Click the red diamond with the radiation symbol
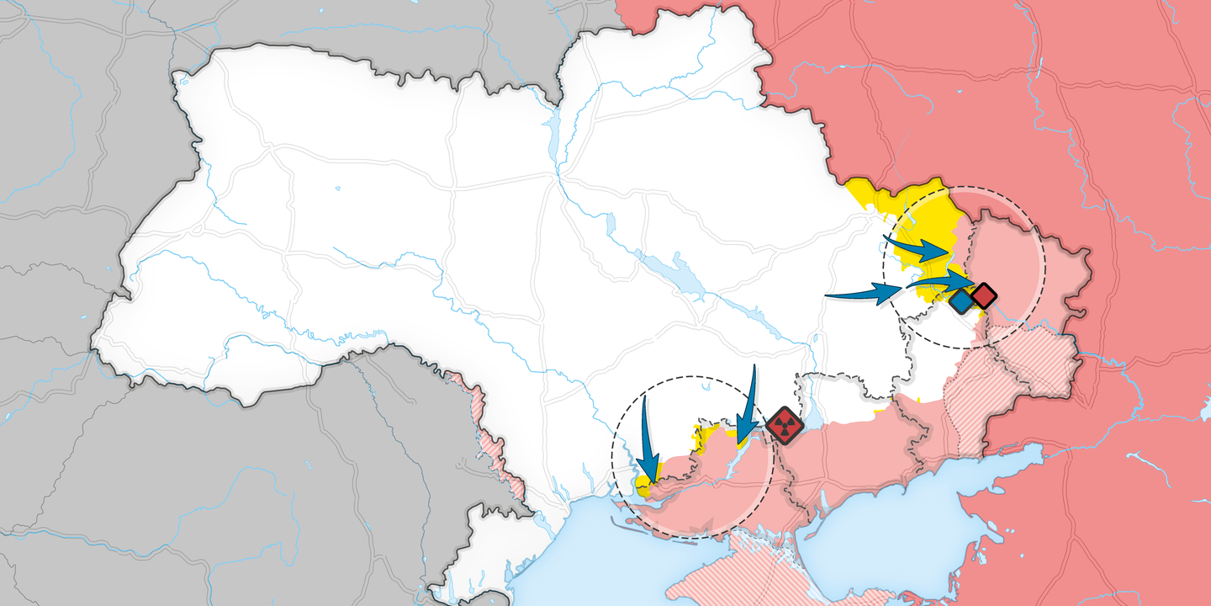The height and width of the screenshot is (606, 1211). [x=784, y=425]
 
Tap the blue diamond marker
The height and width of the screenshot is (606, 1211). [x=961, y=301]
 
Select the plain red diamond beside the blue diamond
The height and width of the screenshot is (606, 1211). [x=984, y=295]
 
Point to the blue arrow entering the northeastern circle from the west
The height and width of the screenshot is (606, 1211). [x=862, y=294]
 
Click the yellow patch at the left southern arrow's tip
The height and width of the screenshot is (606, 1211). [x=643, y=485]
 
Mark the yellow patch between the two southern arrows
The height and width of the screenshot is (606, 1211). [x=704, y=434]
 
